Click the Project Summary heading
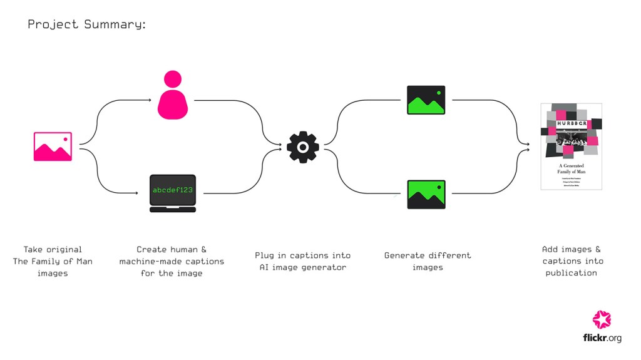(86, 24)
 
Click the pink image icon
(53, 146)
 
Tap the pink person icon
(173, 95)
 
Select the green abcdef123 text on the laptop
(173, 189)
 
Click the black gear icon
(302, 147)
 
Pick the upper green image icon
(426, 100)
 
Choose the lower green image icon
(426, 194)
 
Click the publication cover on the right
(571, 146)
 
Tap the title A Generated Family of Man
(571, 168)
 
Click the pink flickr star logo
(602, 319)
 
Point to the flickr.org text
(602, 338)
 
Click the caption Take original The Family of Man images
(53, 261)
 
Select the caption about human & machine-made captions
(172, 261)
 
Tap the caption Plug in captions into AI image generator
(302, 261)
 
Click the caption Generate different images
(428, 261)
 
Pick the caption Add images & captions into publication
(571, 261)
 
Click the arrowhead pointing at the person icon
(149, 100)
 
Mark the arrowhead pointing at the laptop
(136, 193)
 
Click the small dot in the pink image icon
(64, 138)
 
